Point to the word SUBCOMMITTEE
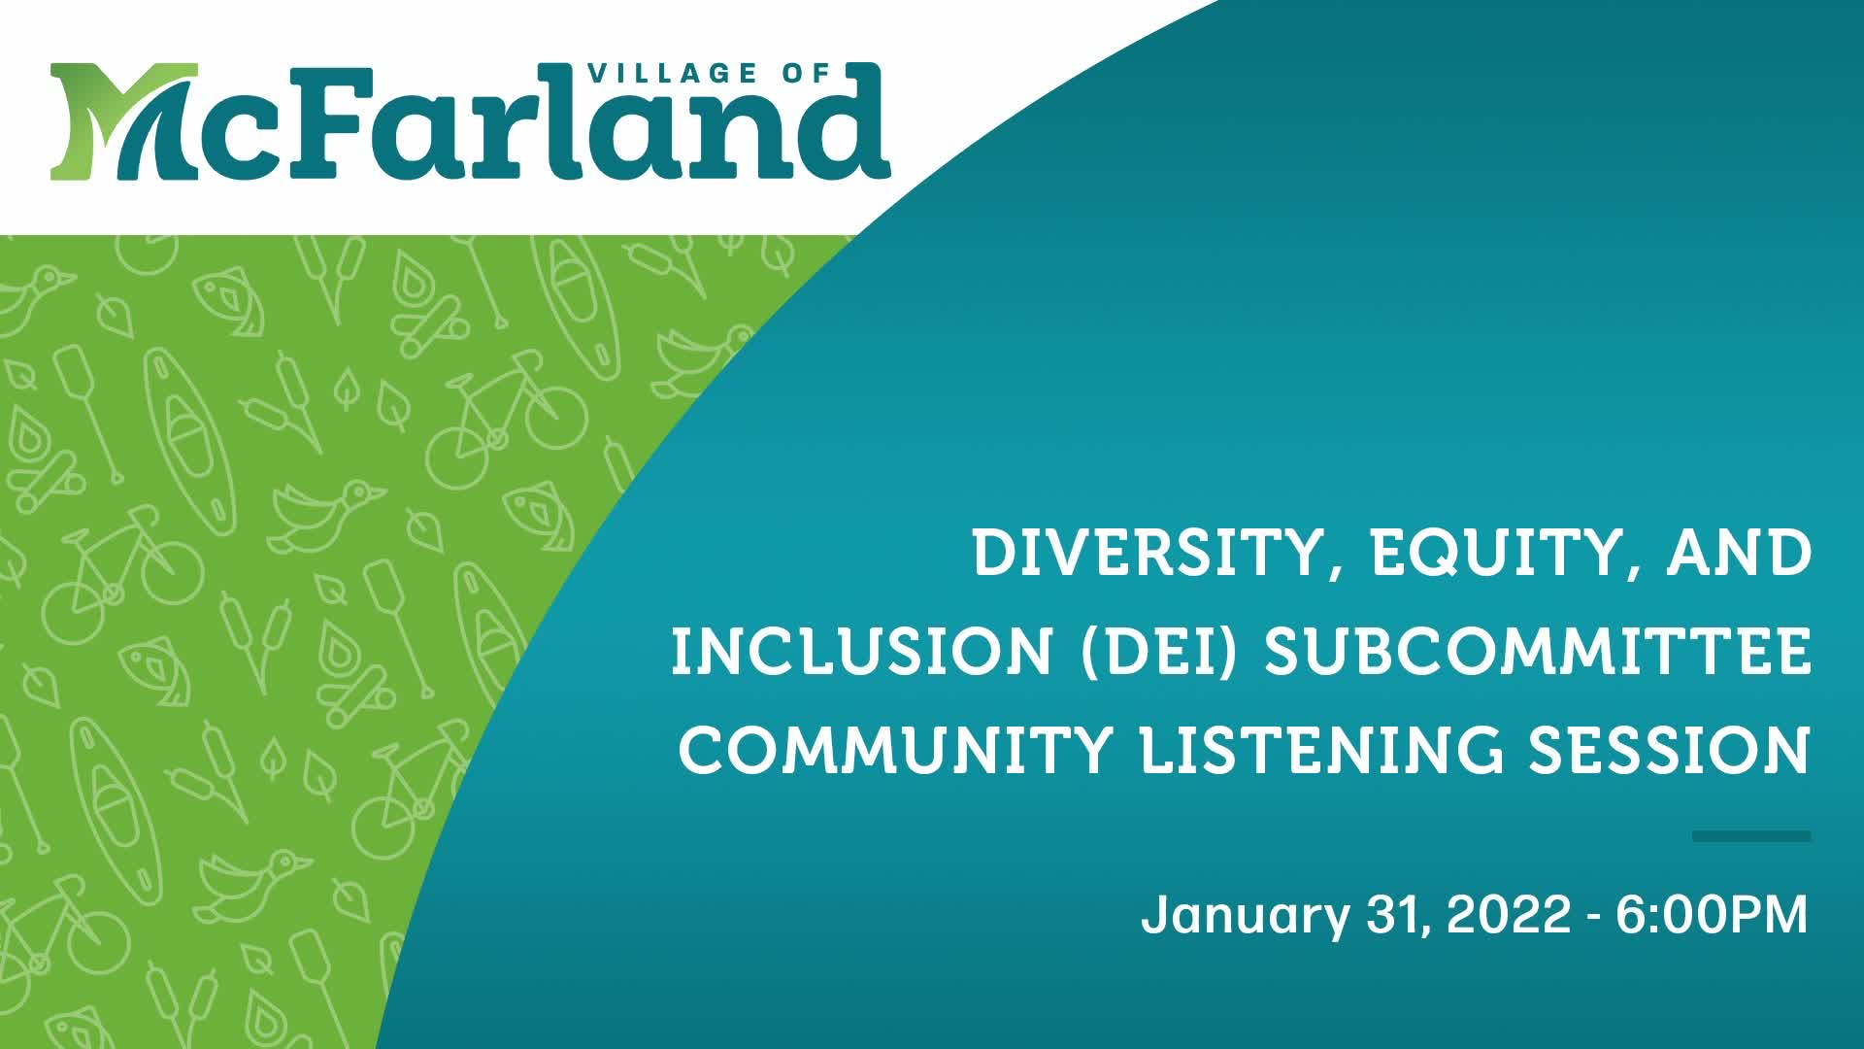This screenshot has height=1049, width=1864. [x=1538, y=652]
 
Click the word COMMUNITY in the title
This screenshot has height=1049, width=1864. [x=894, y=750]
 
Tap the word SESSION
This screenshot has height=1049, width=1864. [x=1669, y=750]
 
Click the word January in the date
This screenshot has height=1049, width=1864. [x=1246, y=915]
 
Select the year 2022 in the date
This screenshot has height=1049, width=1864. [x=1509, y=915]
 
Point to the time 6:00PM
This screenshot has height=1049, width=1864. [x=1712, y=915]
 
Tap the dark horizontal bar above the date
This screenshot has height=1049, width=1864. [x=1750, y=836]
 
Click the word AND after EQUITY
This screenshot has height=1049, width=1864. [x=1739, y=553]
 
